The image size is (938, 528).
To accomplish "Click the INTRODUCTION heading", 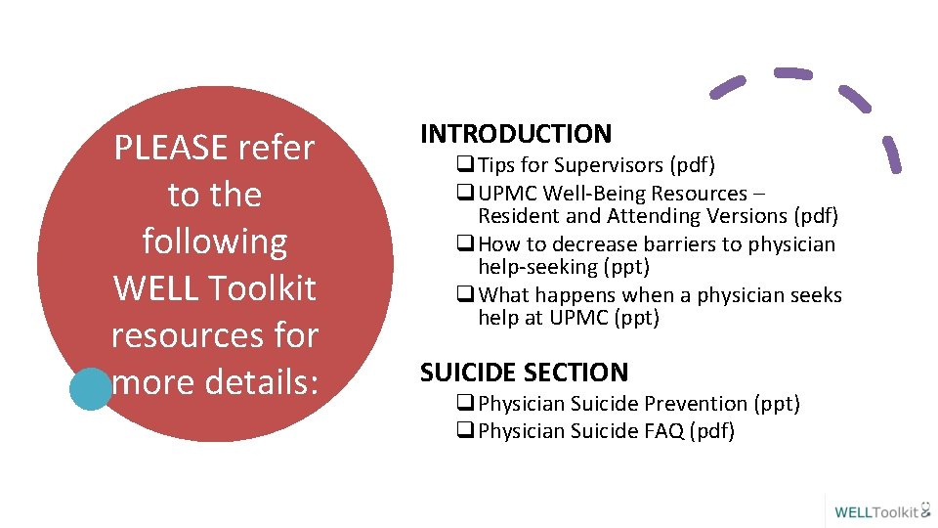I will coord(516,134).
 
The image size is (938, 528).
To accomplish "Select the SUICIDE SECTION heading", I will coord(524,373).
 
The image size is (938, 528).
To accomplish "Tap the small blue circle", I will coord(91,389).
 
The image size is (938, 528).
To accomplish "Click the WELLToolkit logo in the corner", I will coord(881,511).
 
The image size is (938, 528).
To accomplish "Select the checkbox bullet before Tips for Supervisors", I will coord(465,166).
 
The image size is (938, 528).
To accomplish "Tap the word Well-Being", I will coord(598,194).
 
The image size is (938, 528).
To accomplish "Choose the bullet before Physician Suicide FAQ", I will coord(465,431).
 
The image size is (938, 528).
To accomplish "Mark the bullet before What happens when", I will coord(465,295).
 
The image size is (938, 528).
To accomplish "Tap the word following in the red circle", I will coord(215,242).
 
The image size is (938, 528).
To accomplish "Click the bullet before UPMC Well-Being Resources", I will coord(465,194).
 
